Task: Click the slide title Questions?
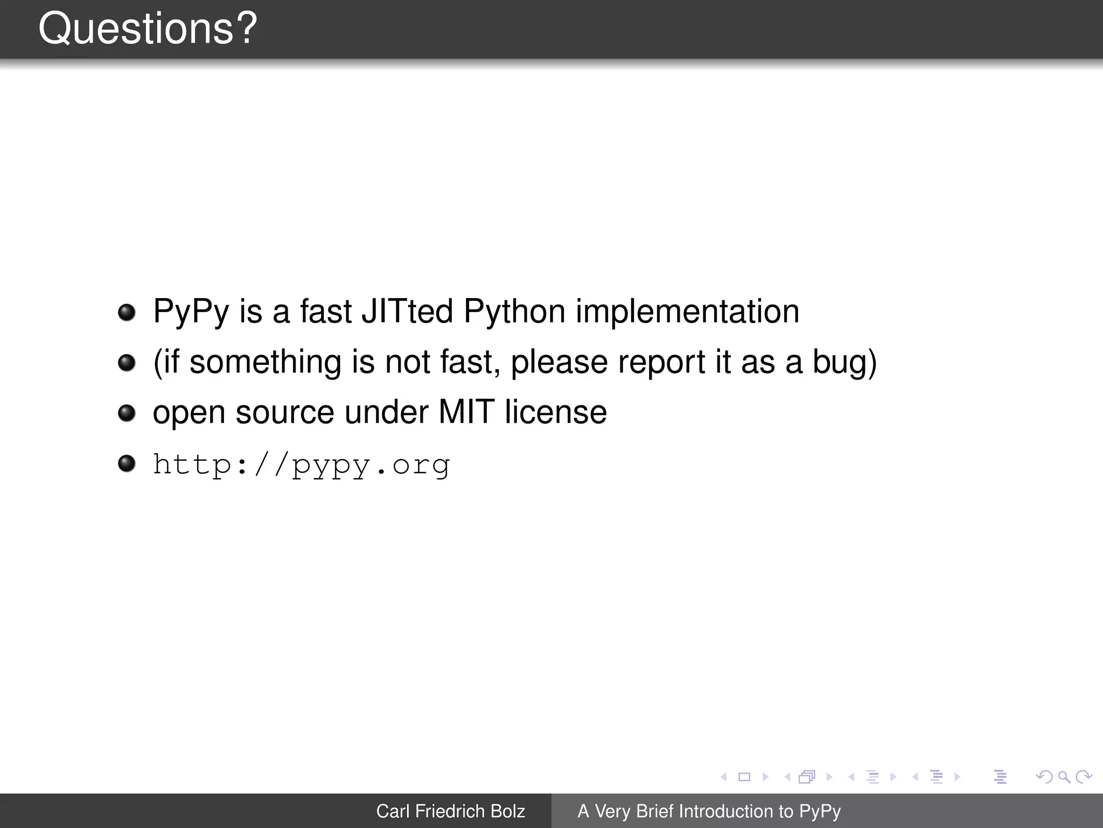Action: [148, 29]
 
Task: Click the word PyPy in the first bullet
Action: [191, 312]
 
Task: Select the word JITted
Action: [407, 312]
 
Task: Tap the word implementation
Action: [687, 312]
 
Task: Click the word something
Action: [265, 362]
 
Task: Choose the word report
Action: [661, 362]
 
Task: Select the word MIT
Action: [466, 412]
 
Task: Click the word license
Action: [555, 412]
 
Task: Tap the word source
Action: [285, 412]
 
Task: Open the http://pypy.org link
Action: [301, 465]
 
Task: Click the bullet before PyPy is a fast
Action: [127, 312]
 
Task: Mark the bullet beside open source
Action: [127, 413]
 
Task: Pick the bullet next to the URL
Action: [127, 463]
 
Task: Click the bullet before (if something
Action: [127, 362]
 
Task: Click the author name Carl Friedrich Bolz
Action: [450, 811]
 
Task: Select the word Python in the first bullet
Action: [514, 312]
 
